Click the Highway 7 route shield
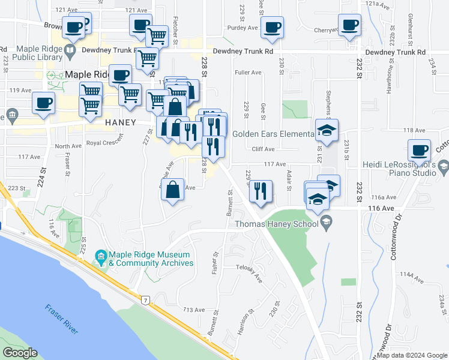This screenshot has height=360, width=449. (145, 299)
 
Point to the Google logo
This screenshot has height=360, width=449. (19, 353)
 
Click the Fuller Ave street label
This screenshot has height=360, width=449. (249, 73)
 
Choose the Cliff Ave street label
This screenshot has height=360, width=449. (263, 149)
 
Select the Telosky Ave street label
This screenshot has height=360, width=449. (250, 272)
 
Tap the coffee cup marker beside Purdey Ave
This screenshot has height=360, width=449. (272, 27)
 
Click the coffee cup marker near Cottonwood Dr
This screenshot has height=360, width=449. (419, 149)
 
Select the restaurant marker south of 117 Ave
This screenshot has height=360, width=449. (261, 191)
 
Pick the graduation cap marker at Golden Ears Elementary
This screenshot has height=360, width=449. (327, 130)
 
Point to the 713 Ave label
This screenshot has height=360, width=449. (194, 310)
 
